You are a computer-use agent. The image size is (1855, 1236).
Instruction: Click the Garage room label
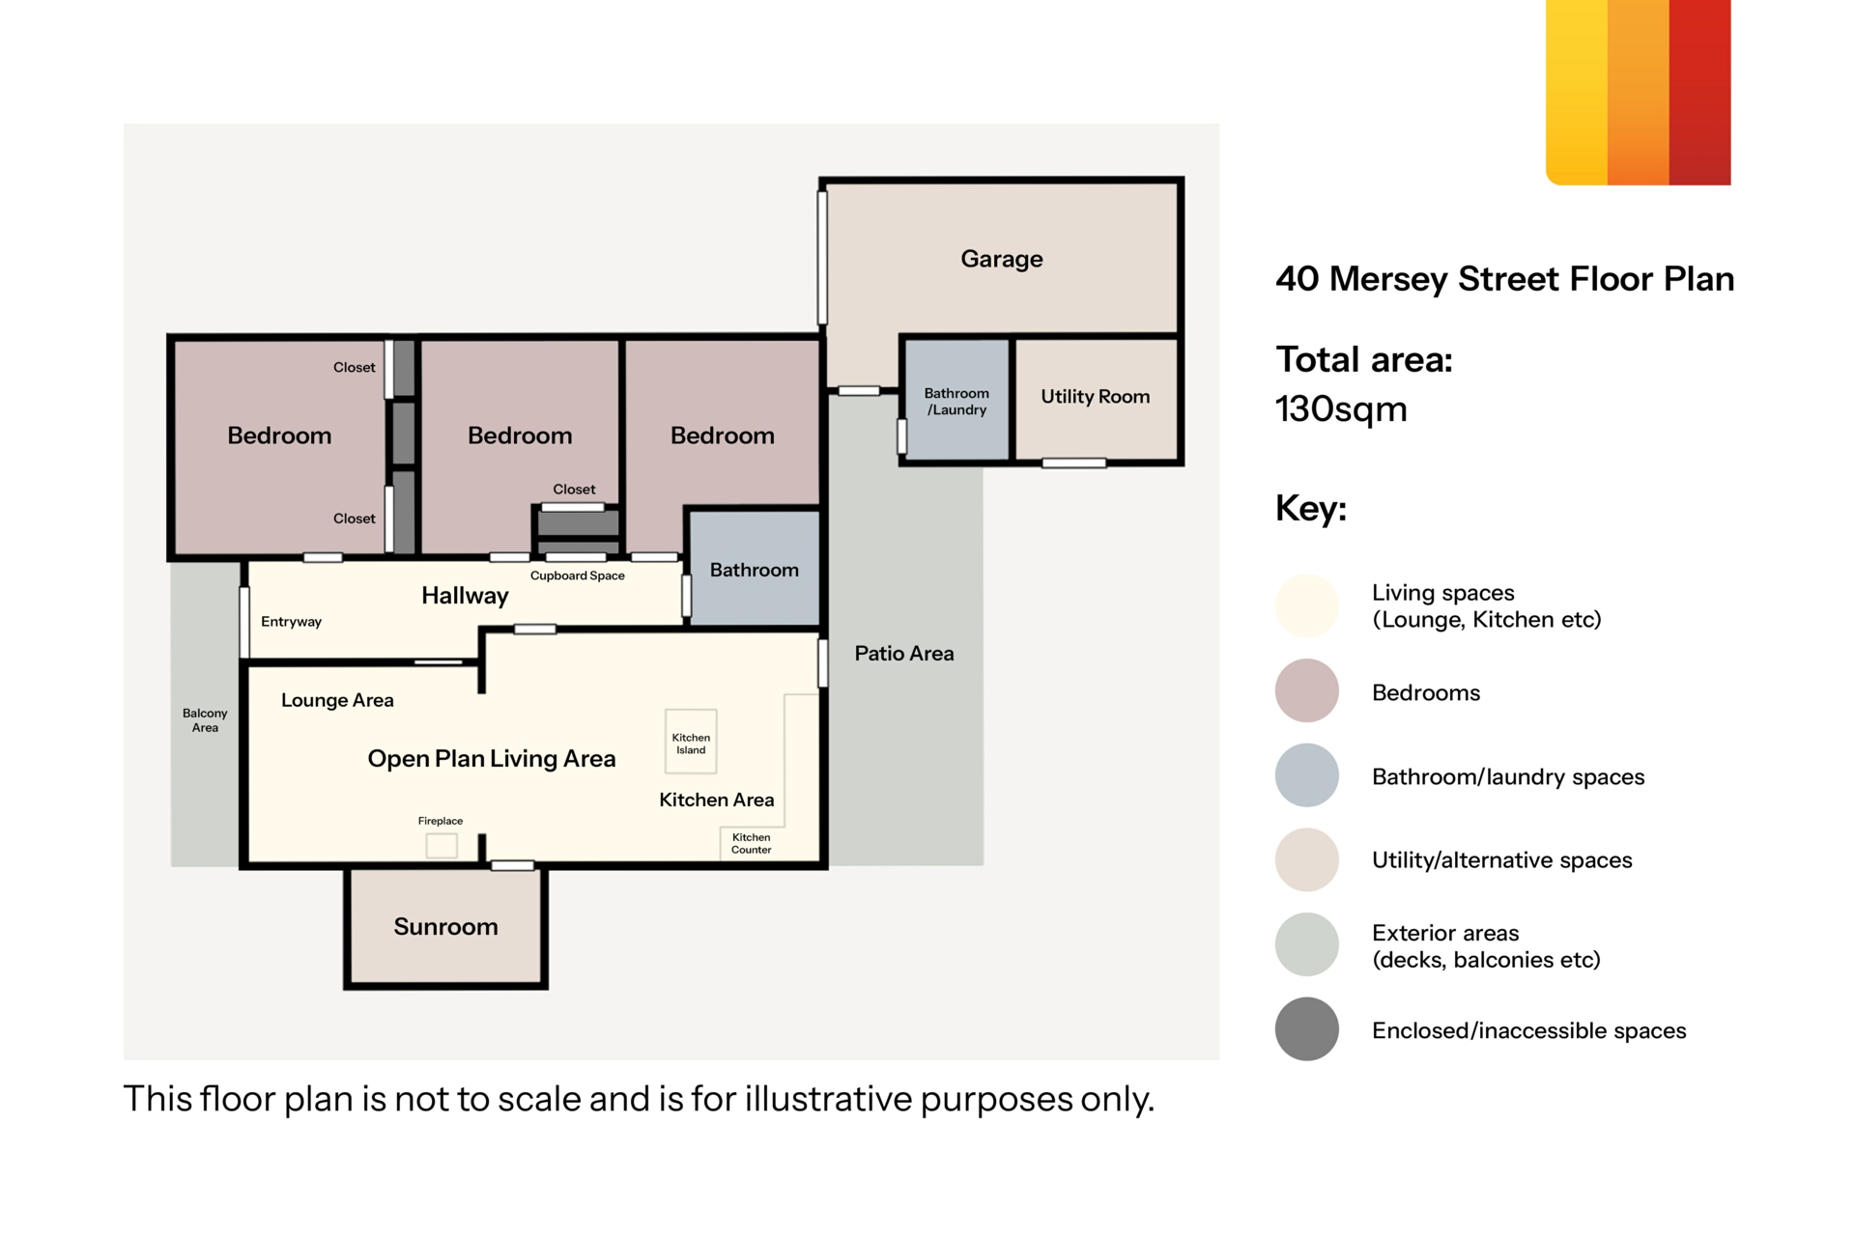click(x=1001, y=259)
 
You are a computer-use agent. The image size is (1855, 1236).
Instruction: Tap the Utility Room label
click(x=1095, y=397)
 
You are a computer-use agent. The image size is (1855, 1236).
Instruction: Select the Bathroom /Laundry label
click(x=956, y=402)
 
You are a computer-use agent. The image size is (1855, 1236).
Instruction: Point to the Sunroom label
click(x=445, y=927)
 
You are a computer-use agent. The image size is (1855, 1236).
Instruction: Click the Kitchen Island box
click(x=691, y=742)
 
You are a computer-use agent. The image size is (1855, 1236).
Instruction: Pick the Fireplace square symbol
click(x=442, y=846)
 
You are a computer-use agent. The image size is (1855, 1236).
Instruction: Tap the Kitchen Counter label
click(x=751, y=844)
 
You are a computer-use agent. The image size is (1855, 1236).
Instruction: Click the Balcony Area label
click(x=205, y=720)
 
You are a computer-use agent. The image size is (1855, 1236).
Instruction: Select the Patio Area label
click(x=903, y=654)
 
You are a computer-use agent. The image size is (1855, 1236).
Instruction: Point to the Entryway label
click(x=291, y=622)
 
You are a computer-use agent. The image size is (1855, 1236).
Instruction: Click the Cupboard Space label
click(x=577, y=576)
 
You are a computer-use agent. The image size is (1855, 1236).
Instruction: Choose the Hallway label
click(x=465, y=596)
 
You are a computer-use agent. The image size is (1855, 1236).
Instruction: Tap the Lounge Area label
click(x=337, y=700)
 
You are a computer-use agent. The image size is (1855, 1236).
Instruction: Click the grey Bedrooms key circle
click(x=1306, y=690)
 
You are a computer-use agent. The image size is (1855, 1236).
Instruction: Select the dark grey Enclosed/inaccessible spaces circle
click(x=1306, y=1029)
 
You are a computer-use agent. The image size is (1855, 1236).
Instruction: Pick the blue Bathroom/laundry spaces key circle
click(x=1306, y=775)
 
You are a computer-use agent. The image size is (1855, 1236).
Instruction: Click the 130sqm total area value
click(x=1341, y=409)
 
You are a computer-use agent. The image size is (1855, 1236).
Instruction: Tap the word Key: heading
click(x=1310, y=508)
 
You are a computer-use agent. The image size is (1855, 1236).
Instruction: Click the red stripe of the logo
click(x=1699, y=92)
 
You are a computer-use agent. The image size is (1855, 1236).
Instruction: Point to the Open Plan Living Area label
click(x=491, y=759)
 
